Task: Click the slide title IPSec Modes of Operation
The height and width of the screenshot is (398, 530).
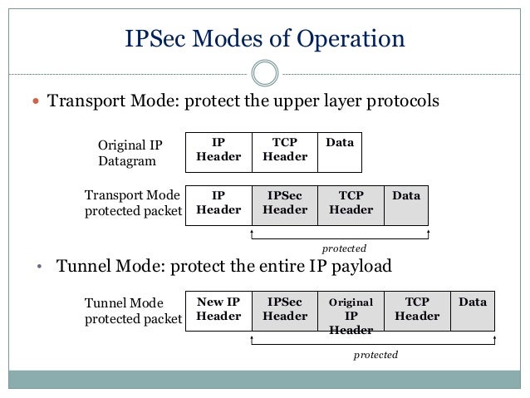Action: pyautogui.click(x=264, y=38)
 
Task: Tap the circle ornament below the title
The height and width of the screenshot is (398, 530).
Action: pyautogui.click(x=264, y=72)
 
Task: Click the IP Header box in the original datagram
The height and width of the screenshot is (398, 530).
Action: pyautogui.click(x=218, y=150)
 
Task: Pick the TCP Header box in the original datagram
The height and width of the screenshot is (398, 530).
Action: pyautogui.click(x=284, y=150)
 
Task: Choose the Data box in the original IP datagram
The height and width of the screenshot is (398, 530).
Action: pyautogui.click(x=340, y=150)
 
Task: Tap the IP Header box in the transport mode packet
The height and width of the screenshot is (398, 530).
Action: pyautogui.click(x=218, y=204)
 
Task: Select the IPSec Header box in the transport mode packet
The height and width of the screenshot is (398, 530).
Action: pyautogui.click(x=285, y=204)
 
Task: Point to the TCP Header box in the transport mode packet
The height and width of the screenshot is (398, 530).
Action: pyautogui.click(x=351, y=204)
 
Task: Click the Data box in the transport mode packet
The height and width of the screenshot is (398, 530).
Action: pyautogui.click(x=406, y=204)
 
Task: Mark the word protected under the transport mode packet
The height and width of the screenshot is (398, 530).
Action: pyautogui.click(x=343, y=248)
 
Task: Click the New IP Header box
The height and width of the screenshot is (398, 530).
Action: pyautogui.click(x=218, y=310)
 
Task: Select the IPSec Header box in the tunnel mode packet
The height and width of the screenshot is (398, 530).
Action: pyautogui.click(x=285, y=310)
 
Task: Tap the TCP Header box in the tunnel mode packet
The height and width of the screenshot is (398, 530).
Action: pyautogui.click(x=417, y=310)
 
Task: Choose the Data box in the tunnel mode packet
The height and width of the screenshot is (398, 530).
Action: pyautogui.click(x=473, y=310)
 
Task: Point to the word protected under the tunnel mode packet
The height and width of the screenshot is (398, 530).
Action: pyautogui.click(x=375, y=355)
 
